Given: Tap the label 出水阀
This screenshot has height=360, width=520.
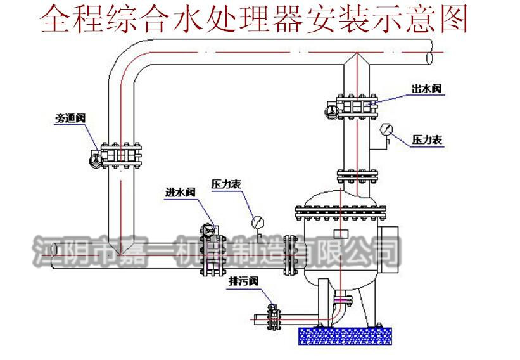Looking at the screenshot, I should [x=426, y=90].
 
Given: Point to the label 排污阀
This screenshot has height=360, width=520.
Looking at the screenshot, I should [x=241, y=282].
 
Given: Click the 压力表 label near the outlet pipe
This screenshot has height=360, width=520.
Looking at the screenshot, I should [x=427, y=140].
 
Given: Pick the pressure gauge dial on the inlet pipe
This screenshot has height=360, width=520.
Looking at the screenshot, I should [x=257, y=222].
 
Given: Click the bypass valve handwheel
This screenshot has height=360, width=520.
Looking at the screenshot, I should [x=94, y=160].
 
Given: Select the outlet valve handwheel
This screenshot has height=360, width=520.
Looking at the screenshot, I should [x=331, y=112].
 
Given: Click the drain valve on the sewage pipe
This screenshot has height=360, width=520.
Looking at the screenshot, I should [x=274, y=315].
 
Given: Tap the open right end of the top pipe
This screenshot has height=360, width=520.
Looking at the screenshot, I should [x=430, y=56].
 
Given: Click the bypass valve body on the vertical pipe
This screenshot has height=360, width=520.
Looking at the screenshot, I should [x=120, y=155].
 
